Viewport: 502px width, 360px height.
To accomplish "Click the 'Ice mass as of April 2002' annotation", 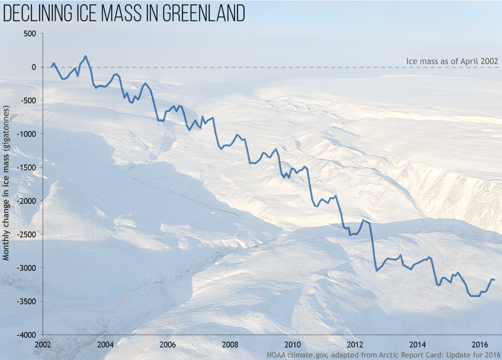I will [x=452, y=62].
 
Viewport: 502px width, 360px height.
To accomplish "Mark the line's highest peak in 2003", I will [x=85, y=56].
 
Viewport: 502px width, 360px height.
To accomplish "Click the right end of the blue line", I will [x=494, y=280].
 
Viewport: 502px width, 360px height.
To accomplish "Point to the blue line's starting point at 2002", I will [x=52, y=67].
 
